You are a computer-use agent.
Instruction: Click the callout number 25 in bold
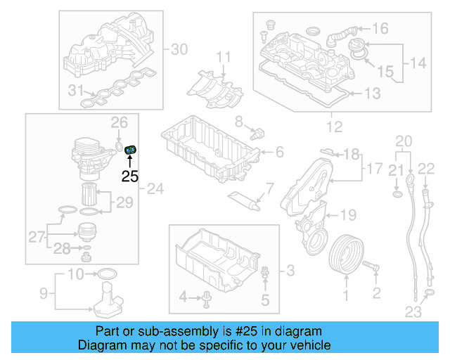(130, 176)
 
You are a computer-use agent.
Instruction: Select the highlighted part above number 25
(131, 149)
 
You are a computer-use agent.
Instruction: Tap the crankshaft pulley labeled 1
(346, 253)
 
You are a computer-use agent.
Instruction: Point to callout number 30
(180, 49)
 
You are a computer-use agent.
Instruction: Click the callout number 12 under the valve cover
(334, 127)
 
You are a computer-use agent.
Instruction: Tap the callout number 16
(380, 29)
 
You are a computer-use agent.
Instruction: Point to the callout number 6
(279, 152)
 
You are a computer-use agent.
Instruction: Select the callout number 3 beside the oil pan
(290, 270)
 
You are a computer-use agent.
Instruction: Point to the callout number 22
(427, 167)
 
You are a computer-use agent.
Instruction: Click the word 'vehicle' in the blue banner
(307, 345)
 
